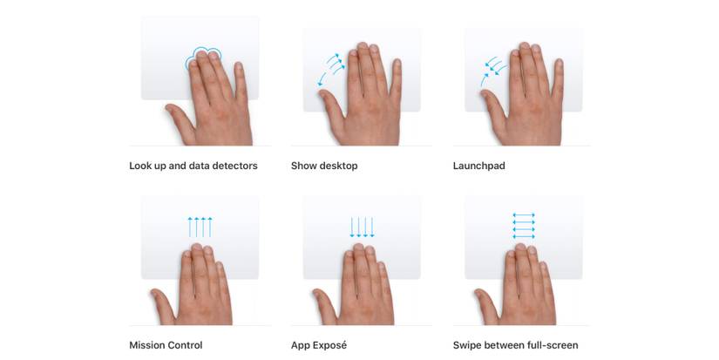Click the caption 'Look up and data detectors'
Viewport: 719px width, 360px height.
(x=193, y=166)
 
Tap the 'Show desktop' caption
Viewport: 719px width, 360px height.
(x=324, y=166)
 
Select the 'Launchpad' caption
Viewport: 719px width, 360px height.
(x=478, y=166)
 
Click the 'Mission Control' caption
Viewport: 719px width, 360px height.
(x=166, y=345)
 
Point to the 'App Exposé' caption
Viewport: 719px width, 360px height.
(x=319, y=345)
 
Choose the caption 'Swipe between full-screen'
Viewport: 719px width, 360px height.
(x=515, y=345)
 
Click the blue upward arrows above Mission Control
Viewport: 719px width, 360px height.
(x=200, y=227)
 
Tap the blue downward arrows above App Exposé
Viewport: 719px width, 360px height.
(x=362, y=227)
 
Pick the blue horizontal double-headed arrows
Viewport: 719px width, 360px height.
(x=524, y=226)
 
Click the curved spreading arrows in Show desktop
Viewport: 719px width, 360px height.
(x=331, y=69)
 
